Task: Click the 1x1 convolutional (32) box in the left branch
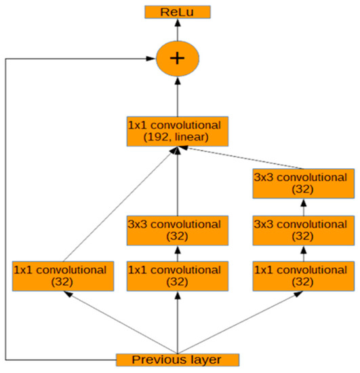click(60, 275)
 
